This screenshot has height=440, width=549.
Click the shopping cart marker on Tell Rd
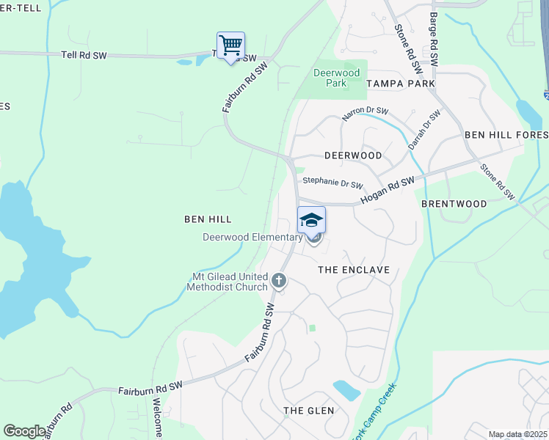pyautogui.click(x=230, y=46)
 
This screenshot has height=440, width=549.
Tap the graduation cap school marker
pyautogui.click(x=311, y=220)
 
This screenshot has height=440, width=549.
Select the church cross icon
pyautogui.click(x=278, y=279)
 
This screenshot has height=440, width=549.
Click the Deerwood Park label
pyautogui.click(x=336, y=78)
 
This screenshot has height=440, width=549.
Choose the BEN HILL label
pyautogui.click(x=208, y=219)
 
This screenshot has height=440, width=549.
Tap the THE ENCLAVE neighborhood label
pyautogui.click(x=353, y=270)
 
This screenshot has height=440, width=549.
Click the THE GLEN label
pyautogui.click(x=309, y=411)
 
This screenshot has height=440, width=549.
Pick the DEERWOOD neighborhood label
pyautogui.click(x=353, y=156)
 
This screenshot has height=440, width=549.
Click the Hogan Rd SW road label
pyautogui.click(x=388, y=191)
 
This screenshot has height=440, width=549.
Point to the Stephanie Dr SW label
pyautogui.click(x=332, y=180)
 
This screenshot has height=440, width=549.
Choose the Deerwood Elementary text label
pyautogui.click(x=252, y=237)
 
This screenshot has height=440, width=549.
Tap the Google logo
pyautogui.click(x=24, y=431)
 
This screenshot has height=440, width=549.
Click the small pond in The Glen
pyautogui.click(x=346, y=389)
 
